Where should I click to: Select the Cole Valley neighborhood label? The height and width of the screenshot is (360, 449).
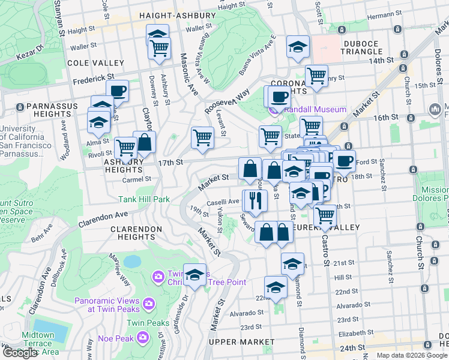coord(97,62)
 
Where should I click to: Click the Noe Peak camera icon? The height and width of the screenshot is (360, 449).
coord(143,337)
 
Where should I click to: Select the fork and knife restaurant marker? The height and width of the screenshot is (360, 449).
coord(255,200)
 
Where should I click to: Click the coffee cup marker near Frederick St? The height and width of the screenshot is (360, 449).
coord(118,91)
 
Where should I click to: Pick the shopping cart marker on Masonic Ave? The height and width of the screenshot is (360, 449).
coord(202,137)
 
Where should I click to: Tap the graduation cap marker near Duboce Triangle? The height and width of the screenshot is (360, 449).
coord(298,47)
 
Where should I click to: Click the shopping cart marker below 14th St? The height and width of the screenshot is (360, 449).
coord(316,76)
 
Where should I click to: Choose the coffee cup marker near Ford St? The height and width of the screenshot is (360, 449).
coord(345,160)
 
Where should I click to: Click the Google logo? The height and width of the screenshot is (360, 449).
coord(20,352)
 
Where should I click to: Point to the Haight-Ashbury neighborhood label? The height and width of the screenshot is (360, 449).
coord(177,16)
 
